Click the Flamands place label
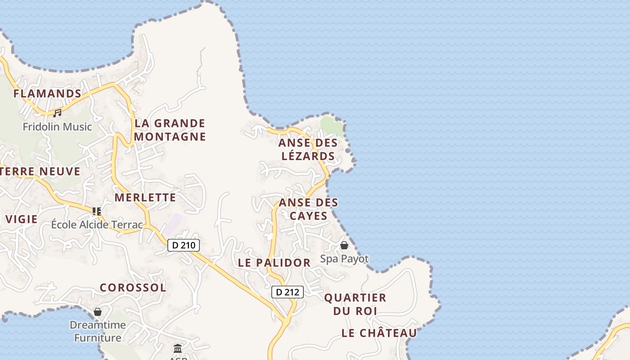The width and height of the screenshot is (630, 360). (x=47, y=94)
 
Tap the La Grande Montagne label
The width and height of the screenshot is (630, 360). (x=170, y=130)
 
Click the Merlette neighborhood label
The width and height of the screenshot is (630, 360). (x=145, y=198)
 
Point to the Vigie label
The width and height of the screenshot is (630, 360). (x=22, y=219)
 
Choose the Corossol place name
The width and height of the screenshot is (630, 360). (x=133, y=288)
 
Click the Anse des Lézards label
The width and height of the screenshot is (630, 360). (x=308, y=149)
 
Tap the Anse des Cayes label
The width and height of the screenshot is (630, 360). (x=308, y=209)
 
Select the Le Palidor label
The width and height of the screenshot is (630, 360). (x=274, y=263)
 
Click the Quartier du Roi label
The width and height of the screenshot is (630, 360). (x=355, y=304)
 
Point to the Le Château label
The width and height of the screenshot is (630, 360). (x=379, y=333)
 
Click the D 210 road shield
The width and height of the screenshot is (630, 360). (x=184, y=245)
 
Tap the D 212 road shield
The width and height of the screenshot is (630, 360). (x=288, y=292)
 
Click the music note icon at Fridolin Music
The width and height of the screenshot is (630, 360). (x=57, y=113)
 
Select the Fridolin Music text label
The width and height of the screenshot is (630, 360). (x=57, y=127)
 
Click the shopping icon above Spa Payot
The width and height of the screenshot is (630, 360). (x=344, y=245)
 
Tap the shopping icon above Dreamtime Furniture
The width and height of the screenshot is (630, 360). (x=98, y=311)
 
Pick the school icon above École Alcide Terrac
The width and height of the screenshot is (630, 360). (x=96, y=211)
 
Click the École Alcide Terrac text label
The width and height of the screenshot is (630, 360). (x=97, y=225)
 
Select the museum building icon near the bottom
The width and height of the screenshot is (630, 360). (x=178, y=348)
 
